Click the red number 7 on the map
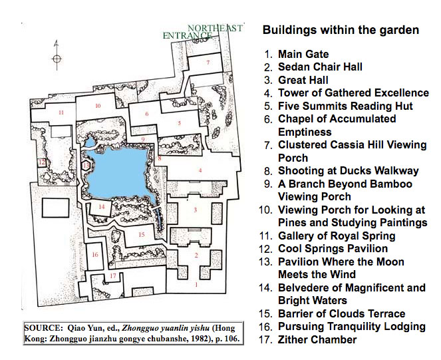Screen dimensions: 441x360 [x=208, y=62]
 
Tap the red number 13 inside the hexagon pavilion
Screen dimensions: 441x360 [x=86, y=165]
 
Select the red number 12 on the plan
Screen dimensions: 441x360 [x=42, y=162]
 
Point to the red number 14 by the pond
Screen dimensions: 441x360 [x=102, y=206]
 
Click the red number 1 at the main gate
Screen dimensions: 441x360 [x=196, y=284]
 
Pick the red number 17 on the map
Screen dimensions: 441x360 [x=113, y=275]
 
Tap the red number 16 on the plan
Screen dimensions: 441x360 [x=95, y=254]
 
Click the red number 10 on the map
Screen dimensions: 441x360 [x=98, y=106]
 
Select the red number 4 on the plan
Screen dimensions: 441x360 [x=200, y=170]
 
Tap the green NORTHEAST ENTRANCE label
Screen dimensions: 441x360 [x=202, y=32]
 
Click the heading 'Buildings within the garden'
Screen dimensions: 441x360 [x=341, y=30]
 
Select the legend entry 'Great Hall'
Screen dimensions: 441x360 [x=303, y=80]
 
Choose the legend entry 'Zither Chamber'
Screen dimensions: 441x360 [x=317, y=339]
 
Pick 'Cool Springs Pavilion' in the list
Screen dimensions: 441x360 [x=333, y=248]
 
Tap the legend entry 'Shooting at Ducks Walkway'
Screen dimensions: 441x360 [x=349, y=171]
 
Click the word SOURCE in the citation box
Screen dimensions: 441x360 [x=42, y=328]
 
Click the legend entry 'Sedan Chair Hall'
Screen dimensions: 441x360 [x=320, y=67]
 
